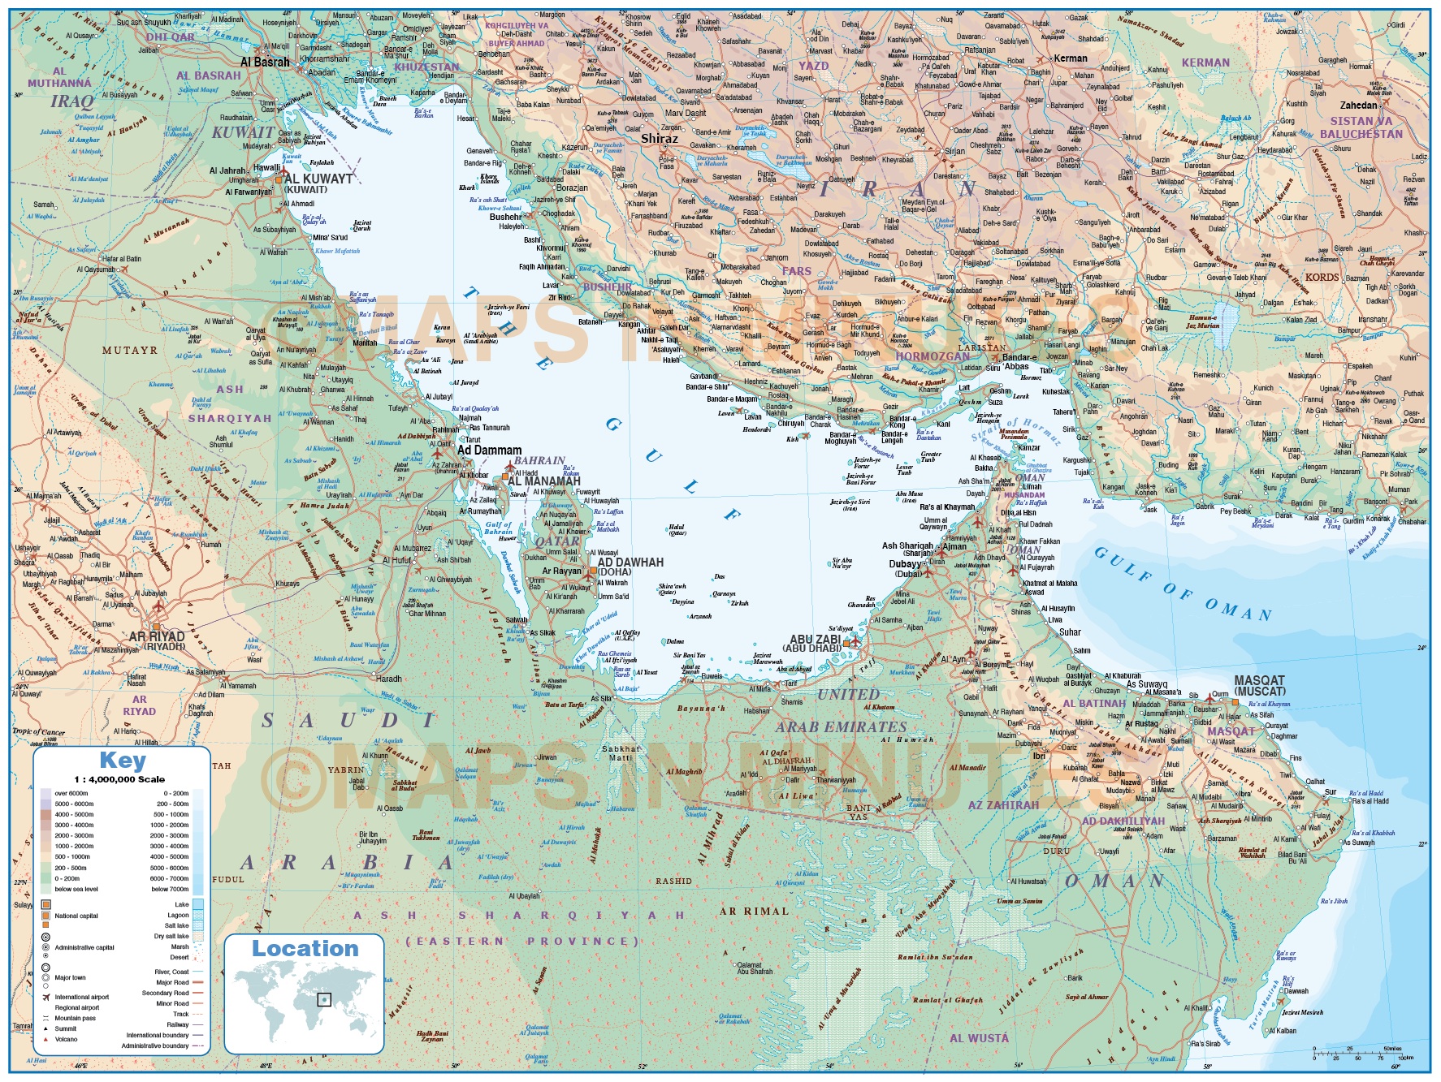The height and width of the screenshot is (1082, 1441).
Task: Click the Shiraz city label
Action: click(x=659, y=139)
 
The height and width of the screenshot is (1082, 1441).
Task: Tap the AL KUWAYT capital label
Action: click(x=318, y=179)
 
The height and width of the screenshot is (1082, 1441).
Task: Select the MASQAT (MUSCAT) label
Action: click(x=1259, y=685)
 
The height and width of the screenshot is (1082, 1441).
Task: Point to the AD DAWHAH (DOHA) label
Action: click(x=630, y=566)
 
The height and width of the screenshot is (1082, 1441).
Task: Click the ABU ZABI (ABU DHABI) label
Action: click(x=815, y=643)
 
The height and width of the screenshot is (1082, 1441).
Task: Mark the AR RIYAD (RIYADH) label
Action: click(x=157, y=640)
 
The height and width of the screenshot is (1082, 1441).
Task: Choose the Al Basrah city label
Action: click(x=265, y=62)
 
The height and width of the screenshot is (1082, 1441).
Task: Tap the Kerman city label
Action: click(x=1070, y=58)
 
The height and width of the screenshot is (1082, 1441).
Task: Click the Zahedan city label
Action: click(x=1358, y=106)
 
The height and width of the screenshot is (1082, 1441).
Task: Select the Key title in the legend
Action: click(x=123, y=761)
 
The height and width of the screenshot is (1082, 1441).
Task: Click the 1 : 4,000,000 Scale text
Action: click(x=119, y=779)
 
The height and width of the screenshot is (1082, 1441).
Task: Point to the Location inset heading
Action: click(x=305, y=948)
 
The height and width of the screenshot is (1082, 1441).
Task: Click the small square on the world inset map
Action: click(x=324, y=999)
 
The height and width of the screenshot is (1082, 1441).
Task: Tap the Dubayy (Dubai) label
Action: click(x=906, y=568)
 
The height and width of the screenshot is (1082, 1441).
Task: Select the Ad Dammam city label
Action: click(x=489, y=450)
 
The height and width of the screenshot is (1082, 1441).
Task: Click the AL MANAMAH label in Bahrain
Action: click(x=543, y=481)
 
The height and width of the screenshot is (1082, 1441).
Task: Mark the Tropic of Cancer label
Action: click(x=38, y=732)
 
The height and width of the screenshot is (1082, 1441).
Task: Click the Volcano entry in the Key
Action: click(x=66, y=1039)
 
